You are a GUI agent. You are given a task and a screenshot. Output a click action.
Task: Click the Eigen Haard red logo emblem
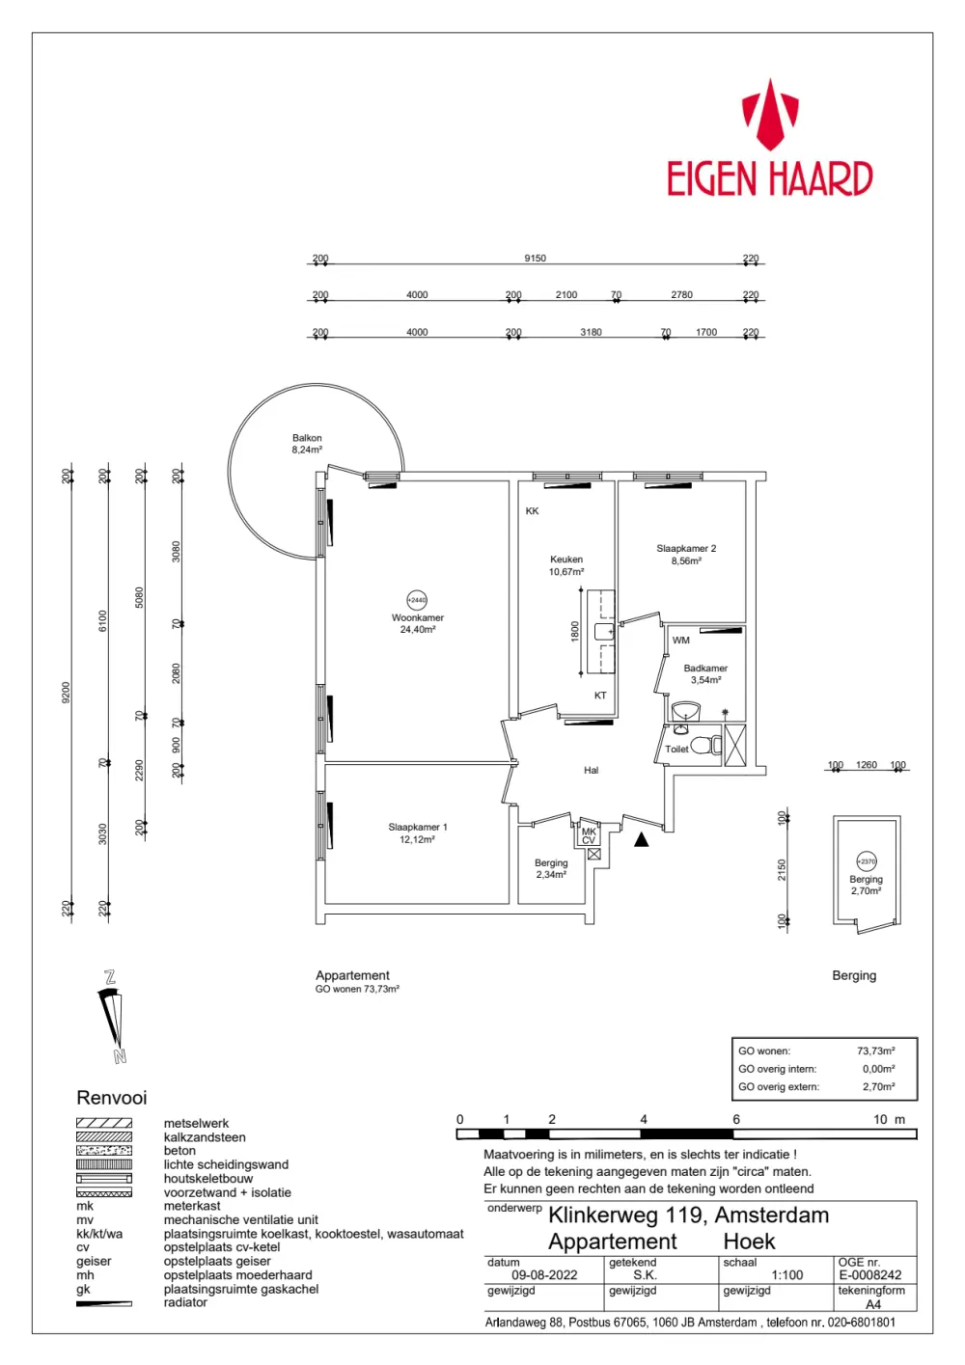(x=770, y=115)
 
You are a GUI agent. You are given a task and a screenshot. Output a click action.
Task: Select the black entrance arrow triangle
(x=641, y=840)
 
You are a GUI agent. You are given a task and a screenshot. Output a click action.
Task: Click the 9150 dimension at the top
(x=535, y=259)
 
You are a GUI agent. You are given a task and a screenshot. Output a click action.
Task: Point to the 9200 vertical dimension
(x=67, y=692)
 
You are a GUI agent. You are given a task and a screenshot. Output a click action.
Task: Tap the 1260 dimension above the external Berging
(x=867, y=765)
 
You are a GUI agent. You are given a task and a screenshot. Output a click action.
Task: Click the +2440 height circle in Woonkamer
(x=417, y=600)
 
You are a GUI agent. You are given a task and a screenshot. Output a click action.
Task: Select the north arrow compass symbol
(x=113, y=1018)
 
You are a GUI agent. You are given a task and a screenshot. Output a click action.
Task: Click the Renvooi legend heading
(x=112, y=1098)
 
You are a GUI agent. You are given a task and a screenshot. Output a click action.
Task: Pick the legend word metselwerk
(x=196, y=1123)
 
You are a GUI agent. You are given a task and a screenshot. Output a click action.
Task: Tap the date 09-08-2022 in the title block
(x=544, y=1274)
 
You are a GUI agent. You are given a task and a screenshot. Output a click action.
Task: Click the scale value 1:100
(x=787, y=1274)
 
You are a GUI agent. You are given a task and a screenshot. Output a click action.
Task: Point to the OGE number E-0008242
(x=869, y=1274)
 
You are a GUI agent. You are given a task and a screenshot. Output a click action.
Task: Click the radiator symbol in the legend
(x=104, y=1303)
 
